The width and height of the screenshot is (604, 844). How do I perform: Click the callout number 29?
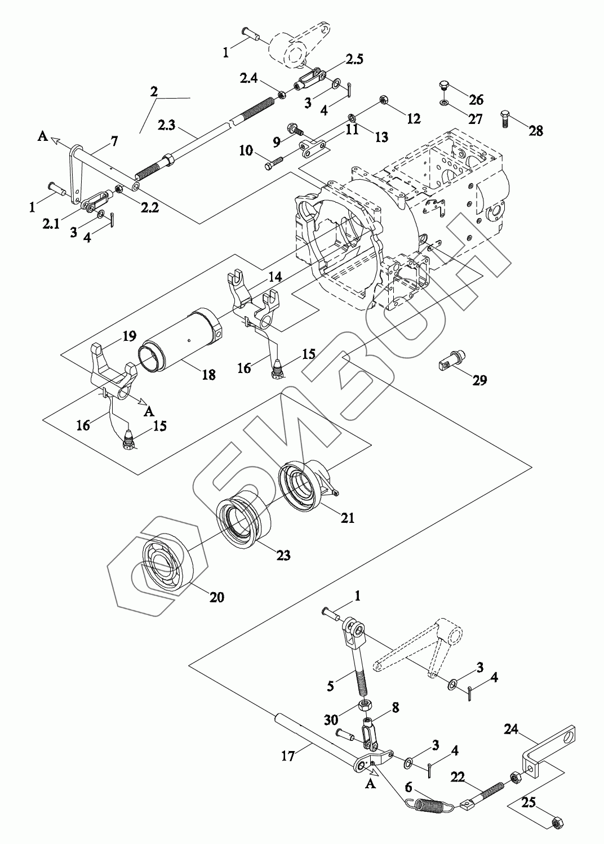click(479, 380)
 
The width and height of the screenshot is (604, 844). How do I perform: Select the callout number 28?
click(536, 131)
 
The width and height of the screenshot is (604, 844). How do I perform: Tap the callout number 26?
click(476, 100)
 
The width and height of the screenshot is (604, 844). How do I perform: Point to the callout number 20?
click(217, 597)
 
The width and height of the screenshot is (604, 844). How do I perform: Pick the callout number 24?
click(512, 730)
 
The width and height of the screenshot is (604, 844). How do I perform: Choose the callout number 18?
click(208, 374)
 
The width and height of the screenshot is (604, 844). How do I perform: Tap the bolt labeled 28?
click(505, 119)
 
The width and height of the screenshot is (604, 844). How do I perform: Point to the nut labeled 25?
click(554, 822)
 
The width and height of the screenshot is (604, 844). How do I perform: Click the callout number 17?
click(288, 756)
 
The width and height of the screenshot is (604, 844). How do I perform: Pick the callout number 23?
click(283, 556)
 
